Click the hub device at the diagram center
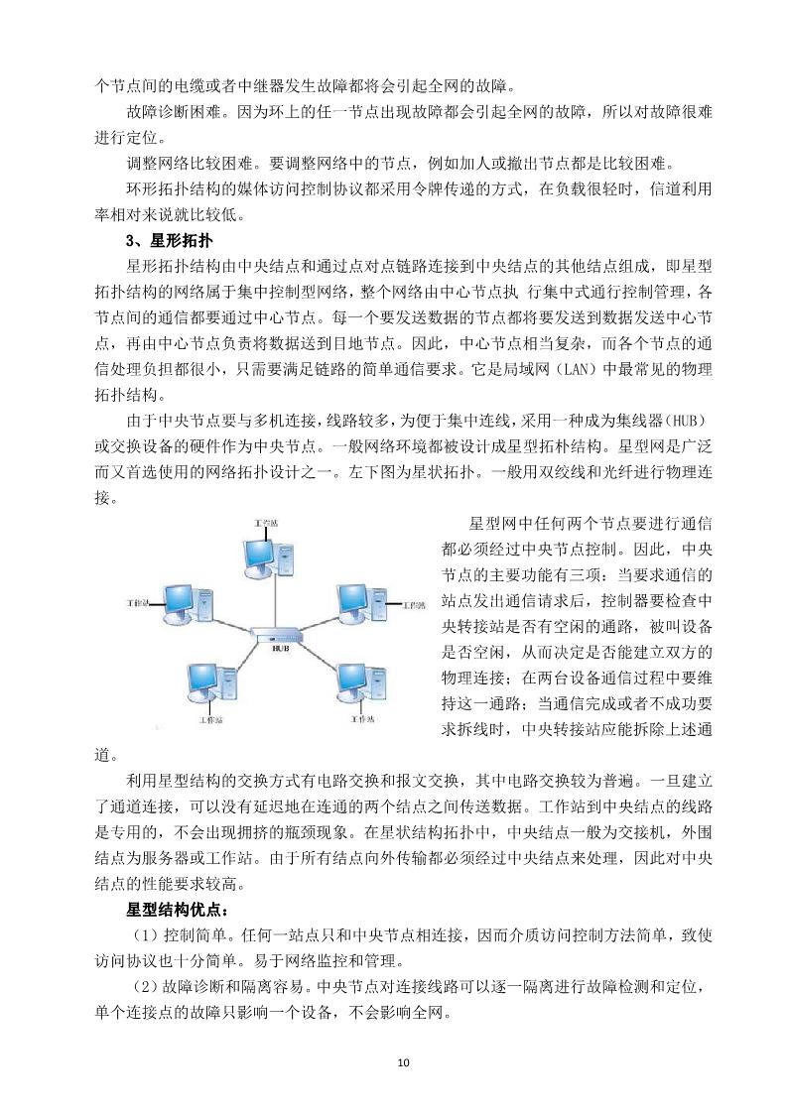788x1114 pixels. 277,632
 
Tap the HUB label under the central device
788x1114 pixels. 277,645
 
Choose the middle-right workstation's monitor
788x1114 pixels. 355,600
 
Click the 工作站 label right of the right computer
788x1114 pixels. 413,602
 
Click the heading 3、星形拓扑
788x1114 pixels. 170,241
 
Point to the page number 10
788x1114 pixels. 402,1062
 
